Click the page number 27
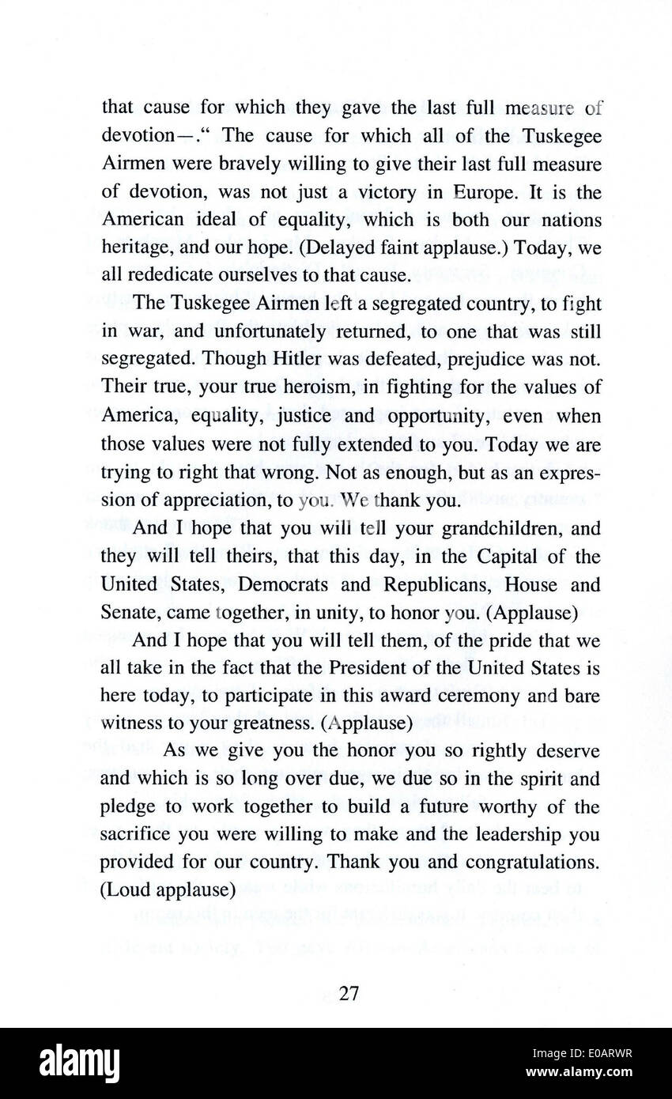pyautogui.click(x=349, y=994)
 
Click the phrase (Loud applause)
pyautogui.click(x=168, y=890)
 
